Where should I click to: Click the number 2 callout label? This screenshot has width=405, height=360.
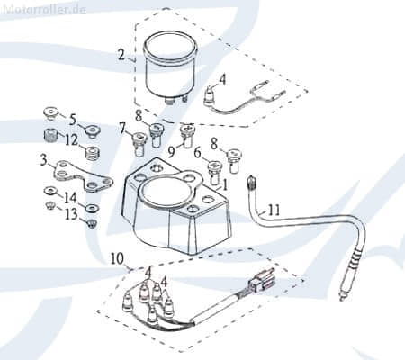(121, 55)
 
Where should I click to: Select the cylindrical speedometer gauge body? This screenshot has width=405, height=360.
(169, 67)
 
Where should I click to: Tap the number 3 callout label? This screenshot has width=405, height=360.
(44, 160)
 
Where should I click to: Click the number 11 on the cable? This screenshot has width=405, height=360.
(273, 210)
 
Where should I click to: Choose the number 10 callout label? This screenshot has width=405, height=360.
(117, 258)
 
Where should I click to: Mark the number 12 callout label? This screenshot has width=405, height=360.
(71, 140)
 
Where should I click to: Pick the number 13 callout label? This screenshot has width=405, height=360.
(71, 214)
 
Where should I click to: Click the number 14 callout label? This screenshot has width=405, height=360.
(69, 198)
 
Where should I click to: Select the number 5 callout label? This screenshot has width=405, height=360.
(73, 120)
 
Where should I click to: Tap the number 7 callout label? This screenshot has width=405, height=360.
(122, 128)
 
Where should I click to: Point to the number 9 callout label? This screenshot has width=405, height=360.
(171, 152)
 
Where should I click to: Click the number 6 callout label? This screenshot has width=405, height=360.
(197, 153)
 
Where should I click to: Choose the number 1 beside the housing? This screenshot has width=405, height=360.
(224, 185)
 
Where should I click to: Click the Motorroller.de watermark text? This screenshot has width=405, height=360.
(45, 9)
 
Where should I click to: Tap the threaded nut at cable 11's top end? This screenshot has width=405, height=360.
(251, 183)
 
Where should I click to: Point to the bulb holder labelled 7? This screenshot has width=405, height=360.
(139, 144)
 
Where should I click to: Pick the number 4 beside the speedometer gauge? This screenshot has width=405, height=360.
(222, 80)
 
